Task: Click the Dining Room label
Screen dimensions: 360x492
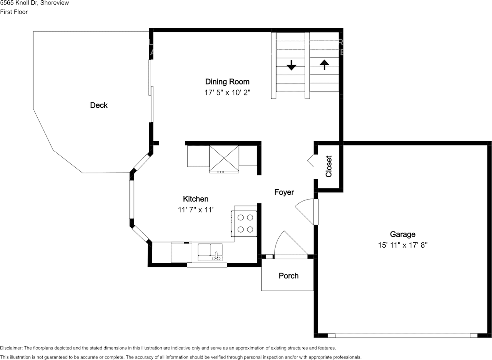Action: (227, 82)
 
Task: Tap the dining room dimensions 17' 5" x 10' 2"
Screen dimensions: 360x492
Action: (227, 93)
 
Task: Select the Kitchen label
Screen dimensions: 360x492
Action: (196, 199)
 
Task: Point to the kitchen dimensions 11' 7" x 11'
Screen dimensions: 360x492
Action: (196, 210)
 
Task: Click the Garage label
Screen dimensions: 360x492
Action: (402, 234)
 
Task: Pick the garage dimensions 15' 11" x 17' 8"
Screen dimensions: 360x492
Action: (402, 245)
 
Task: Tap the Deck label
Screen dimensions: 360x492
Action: (99, 105)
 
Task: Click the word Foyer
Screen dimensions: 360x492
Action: (284, 192)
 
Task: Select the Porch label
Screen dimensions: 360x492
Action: (288, 276)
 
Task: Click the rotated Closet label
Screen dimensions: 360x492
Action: (329, 166)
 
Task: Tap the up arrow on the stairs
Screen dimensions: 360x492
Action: (324, 64)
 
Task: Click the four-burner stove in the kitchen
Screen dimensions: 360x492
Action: (245, 223)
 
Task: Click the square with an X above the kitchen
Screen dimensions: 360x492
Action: (224, 158)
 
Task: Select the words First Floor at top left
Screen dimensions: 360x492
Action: (14, 12)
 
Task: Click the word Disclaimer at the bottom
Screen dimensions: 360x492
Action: (11, 348)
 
